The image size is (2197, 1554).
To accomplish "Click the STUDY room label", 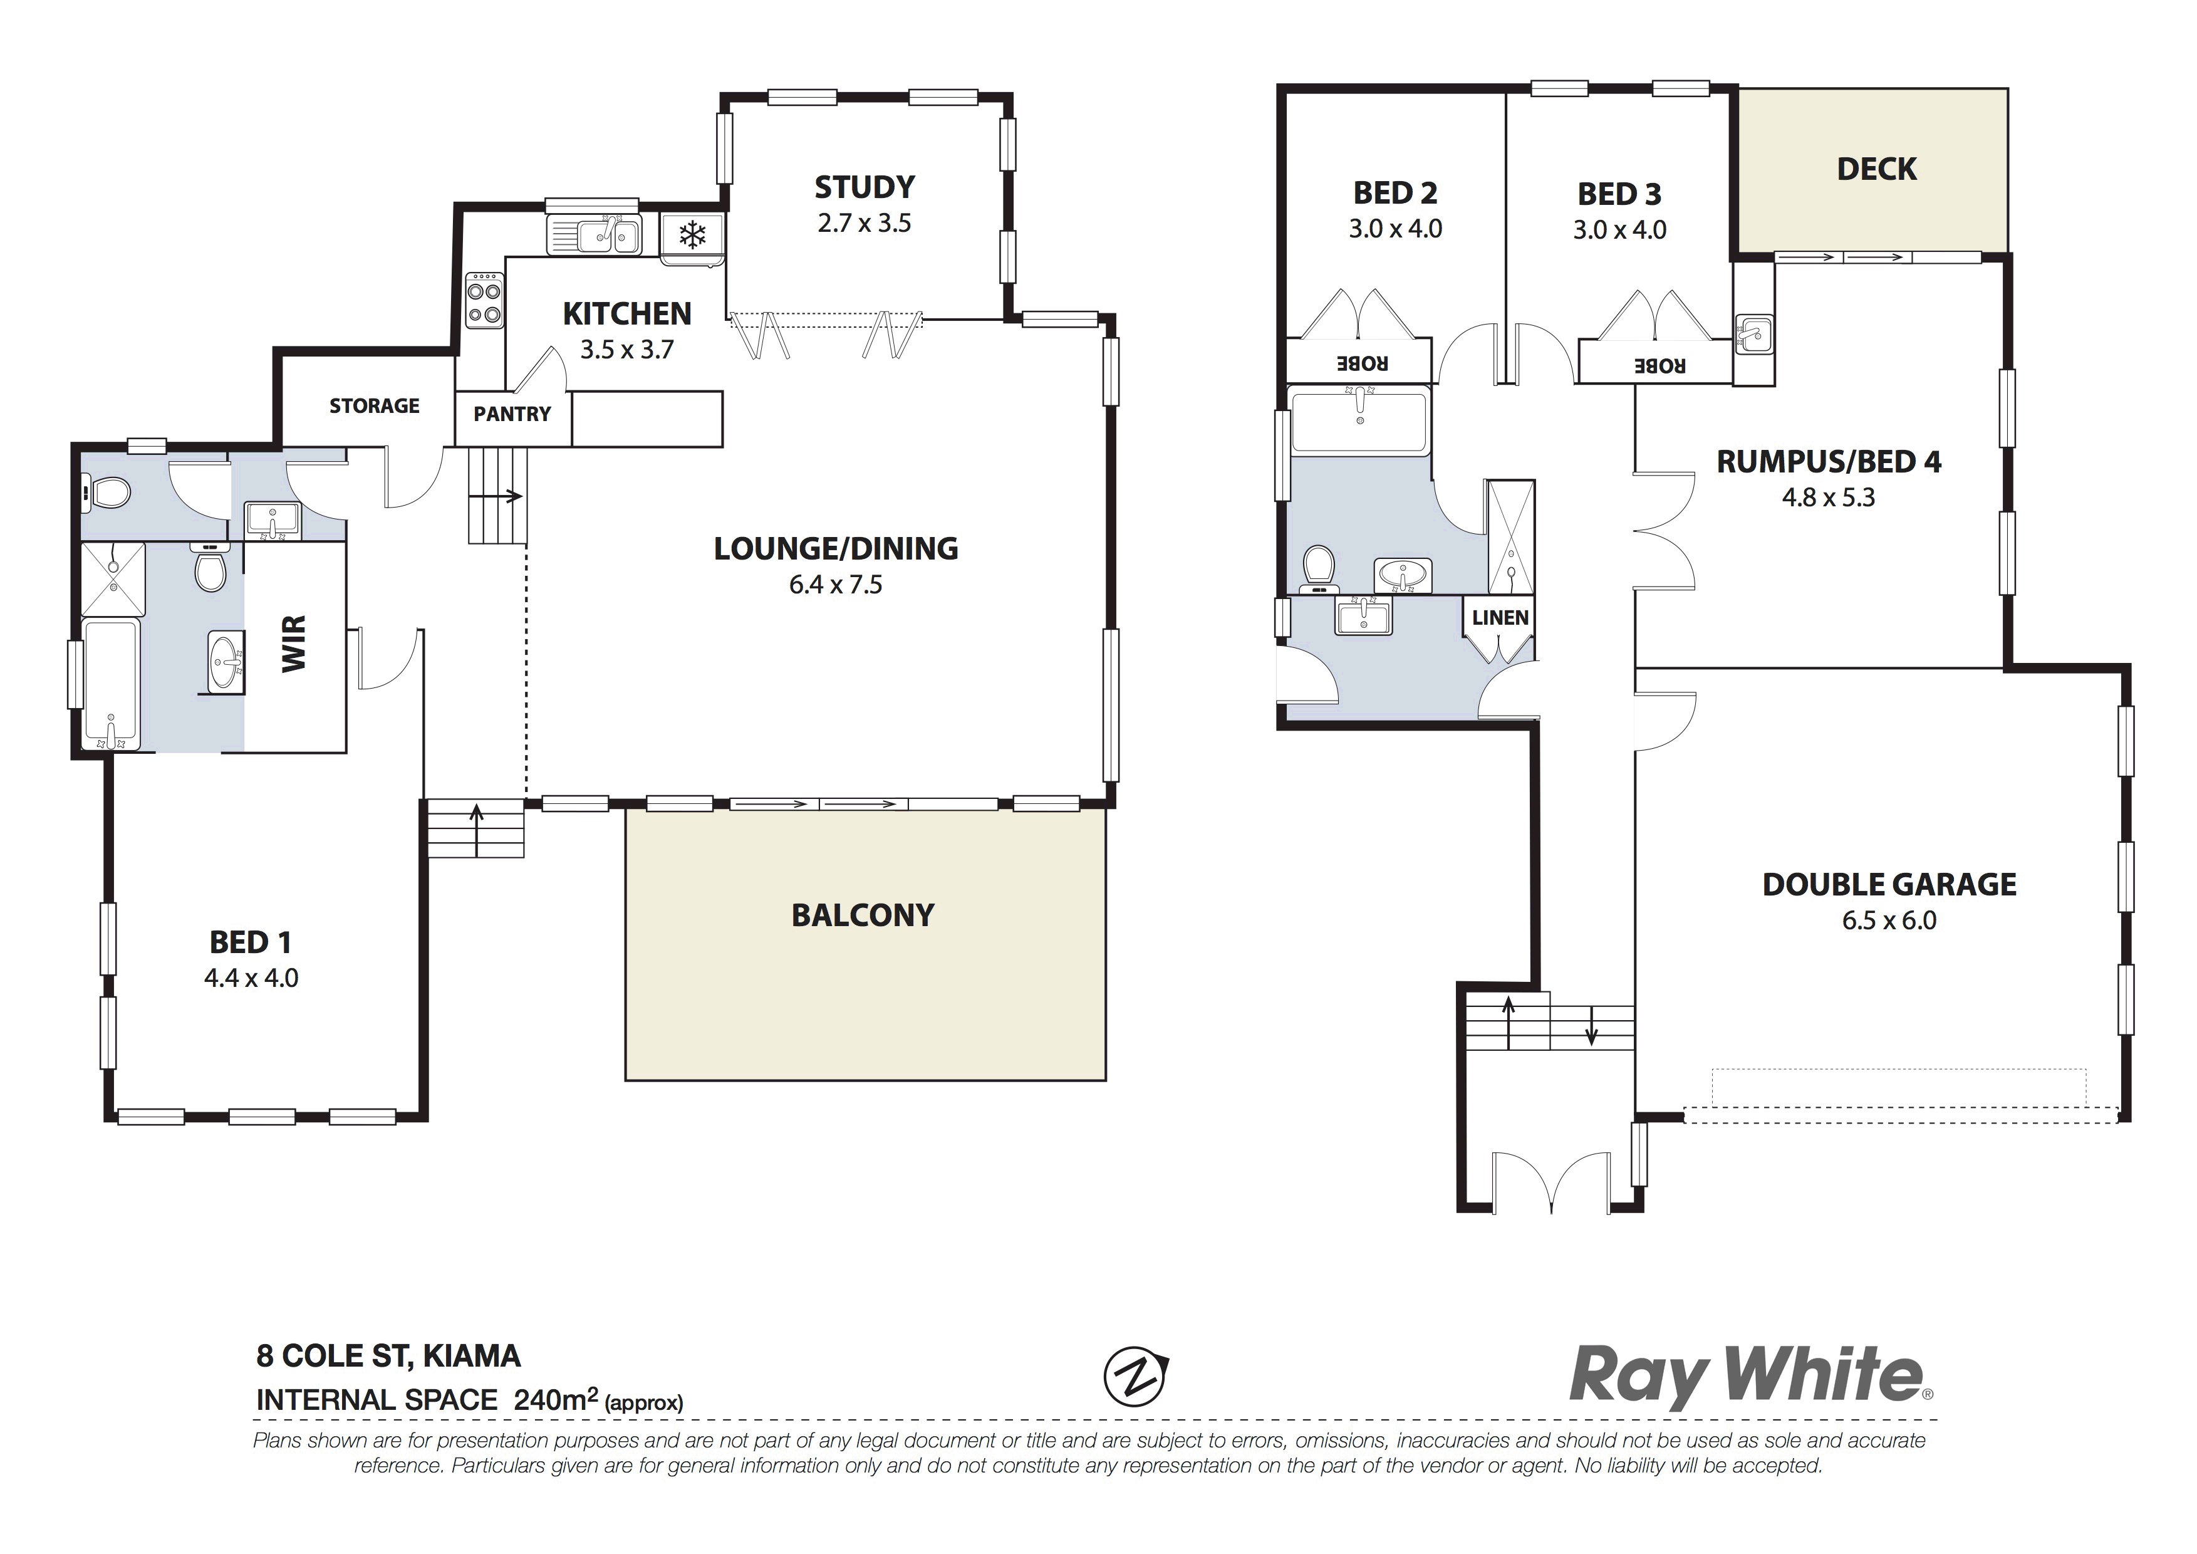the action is coord(864,187).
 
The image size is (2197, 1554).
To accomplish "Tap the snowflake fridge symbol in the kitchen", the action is coord(692,234).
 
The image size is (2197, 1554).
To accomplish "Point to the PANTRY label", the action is coord(512,414).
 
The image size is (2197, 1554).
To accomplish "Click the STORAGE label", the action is coord(374,405).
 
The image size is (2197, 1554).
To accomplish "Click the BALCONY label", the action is coord(862,915).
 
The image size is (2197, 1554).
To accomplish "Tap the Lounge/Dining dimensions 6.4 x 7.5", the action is coord(835,585).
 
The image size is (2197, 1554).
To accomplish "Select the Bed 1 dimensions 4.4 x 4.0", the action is coord(251,978).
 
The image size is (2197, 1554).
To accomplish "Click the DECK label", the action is coord(1876,169).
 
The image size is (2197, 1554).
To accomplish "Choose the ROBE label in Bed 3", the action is coord(1659,365).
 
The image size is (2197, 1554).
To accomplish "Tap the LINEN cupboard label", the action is coord(1499,618).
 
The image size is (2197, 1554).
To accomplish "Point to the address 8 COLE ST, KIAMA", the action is coord(388,1356).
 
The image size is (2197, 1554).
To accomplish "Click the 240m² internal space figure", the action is coord(556,1400).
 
